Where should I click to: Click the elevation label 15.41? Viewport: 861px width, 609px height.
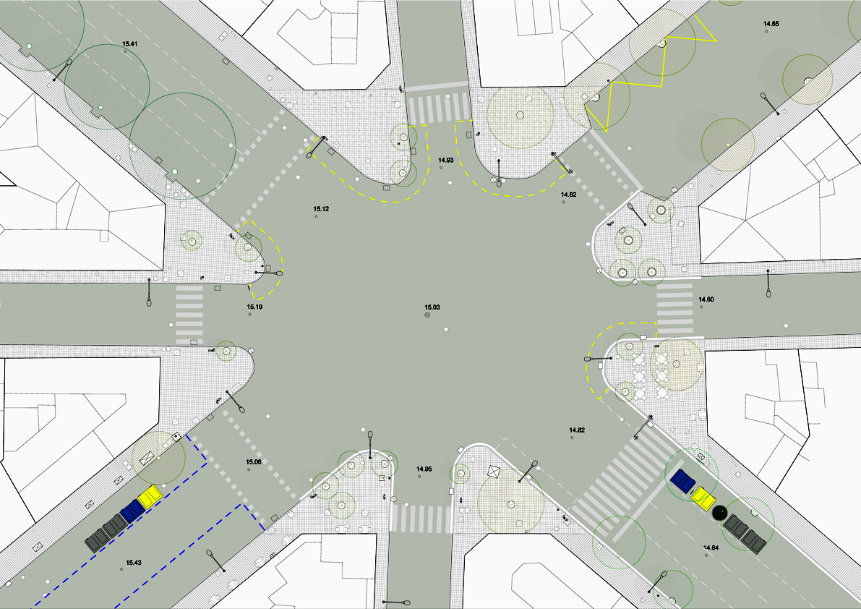click(x=129, y=43)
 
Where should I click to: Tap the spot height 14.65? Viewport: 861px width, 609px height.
click(x=771, y=24)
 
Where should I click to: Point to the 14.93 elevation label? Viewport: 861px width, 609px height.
click(x=446, y=161)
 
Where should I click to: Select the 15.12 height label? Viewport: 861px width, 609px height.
click(x=321, y=209)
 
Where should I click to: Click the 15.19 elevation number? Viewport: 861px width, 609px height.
click(x=254, y=307)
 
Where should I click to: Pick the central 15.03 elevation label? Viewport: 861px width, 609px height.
click(x=432, y=307)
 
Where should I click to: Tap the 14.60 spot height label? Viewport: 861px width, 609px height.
click(x=706, y=299)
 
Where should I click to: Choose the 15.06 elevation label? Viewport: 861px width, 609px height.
click(x=254, y=462)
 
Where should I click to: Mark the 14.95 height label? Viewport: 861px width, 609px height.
click(x=424, y=469)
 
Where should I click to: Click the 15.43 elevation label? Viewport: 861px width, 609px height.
click(x=134, y=562)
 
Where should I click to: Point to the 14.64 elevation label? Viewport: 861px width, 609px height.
click(x=711, y=548)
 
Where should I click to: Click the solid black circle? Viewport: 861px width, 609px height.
click(x=719, y=513)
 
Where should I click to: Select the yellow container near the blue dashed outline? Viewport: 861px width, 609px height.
click(x=150, y=496)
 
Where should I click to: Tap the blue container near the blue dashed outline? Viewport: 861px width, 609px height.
click(x=132, y=510)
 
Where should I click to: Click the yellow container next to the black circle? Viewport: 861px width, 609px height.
click(x=703, y=498)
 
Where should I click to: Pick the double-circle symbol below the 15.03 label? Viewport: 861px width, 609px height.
click(x=427, y=315)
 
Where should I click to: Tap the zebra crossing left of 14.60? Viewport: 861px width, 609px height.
click(x=675, y=309)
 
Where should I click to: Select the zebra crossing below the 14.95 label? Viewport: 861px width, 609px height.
click(x=421, y=519)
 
